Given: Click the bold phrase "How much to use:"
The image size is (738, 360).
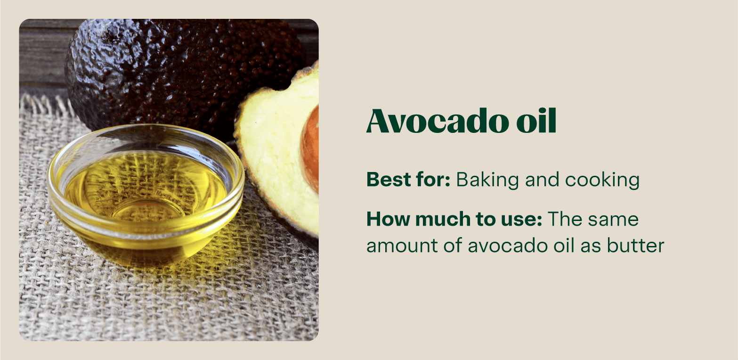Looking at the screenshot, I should tap(454, 220).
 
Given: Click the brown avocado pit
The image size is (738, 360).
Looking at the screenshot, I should tap(311, 146).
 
